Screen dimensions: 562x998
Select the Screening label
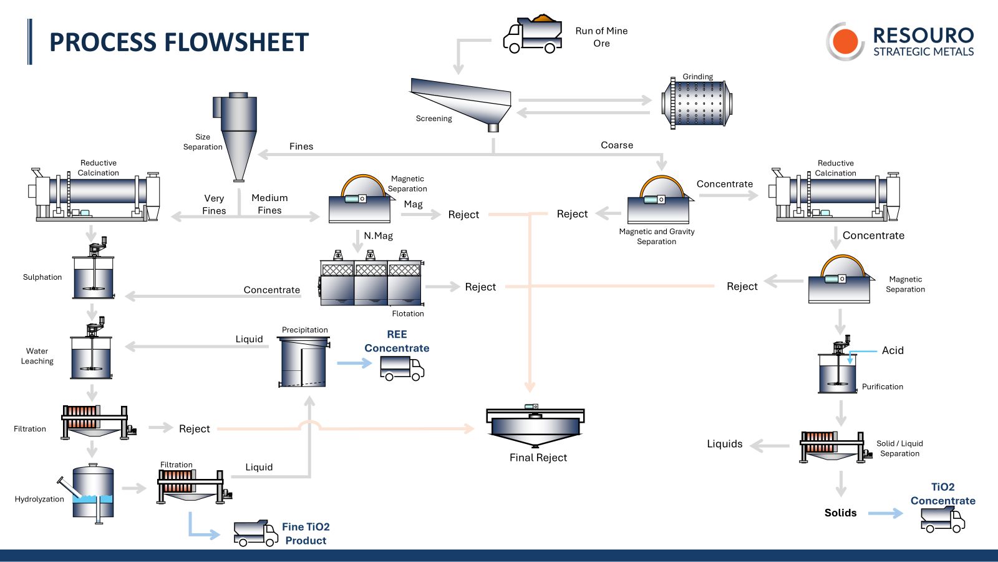click(434, 119)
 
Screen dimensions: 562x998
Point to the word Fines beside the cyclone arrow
click(301, 146)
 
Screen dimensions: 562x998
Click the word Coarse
click(617, 145)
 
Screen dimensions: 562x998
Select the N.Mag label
click(378, 235)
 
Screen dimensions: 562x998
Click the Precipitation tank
click(304, 362)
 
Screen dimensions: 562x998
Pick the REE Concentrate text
click(397, 342)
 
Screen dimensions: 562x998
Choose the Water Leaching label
click(37, 356)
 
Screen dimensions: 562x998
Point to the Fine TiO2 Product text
click(306, 534)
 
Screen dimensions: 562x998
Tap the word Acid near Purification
click(893, 350)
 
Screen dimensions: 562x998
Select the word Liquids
click(724, 444)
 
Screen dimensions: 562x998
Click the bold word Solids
click(840, 513)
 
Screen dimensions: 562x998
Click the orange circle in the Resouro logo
click(845, 41)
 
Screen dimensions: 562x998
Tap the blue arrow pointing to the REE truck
click(354, 363)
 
